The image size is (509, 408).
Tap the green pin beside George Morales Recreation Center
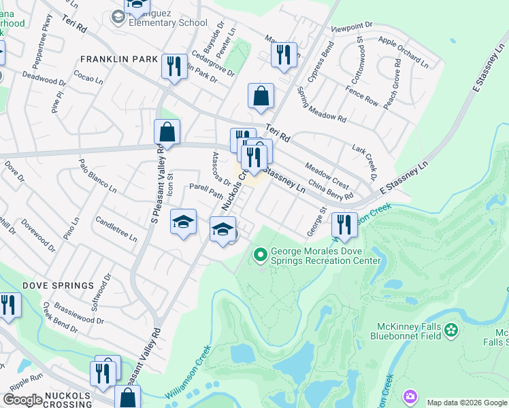[x=259, y=256]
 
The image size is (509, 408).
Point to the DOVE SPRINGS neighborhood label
[x=58, y=285]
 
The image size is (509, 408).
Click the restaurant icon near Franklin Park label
[x=174, y=66]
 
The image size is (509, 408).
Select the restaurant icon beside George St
[x=344, y=224]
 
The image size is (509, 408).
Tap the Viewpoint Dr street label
[x=352, y=28]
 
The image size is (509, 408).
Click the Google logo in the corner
[x=22, y=400]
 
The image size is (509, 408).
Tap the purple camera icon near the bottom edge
[x=410, y=396]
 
